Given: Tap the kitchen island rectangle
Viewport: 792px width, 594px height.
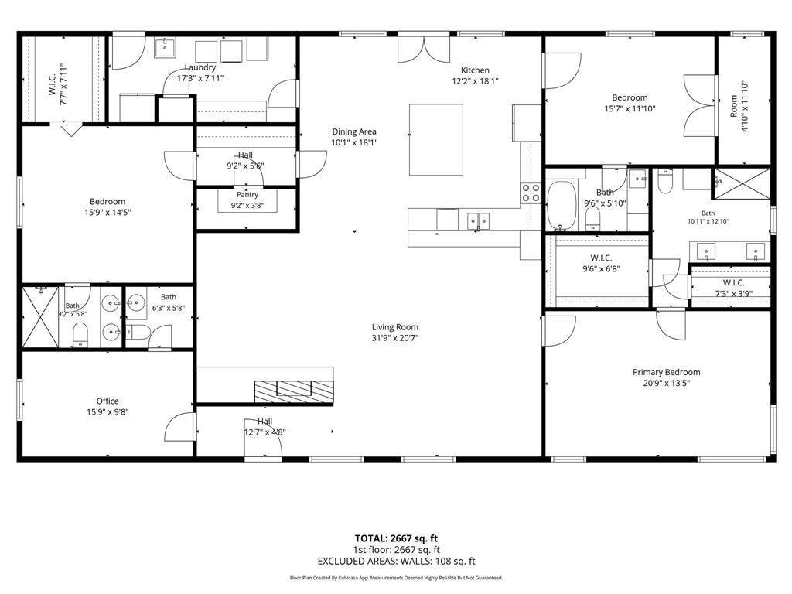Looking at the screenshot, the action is pyautogui.click(x=436, y=139).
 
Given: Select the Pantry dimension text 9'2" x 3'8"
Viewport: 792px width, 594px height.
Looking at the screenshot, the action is pyautogui.click(x=247, y=206).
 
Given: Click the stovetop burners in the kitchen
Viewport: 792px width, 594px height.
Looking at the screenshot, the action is pyautogui.click(x=531, y=193).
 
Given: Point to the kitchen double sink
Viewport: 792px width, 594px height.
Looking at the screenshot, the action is pyautogui.click(x=478, y=220).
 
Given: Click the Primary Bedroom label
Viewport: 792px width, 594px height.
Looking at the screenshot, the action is pyautogui.click(x=666, y=372).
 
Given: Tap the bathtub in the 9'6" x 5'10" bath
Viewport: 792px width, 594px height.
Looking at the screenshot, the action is pyautogui.click(x=562, y=206).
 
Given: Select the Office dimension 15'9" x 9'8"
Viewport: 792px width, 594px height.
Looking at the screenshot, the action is pyautogui.click(x=108, y=412).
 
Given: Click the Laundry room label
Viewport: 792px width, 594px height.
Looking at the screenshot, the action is pyautogui.click(x=200, y=67).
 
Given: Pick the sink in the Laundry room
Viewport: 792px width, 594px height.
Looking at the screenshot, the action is pyautogui.click(x=165, y=47).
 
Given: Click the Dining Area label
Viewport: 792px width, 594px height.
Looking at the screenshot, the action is pyautogui.click(x=354, y=131).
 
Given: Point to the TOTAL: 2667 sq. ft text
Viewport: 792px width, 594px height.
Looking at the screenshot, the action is pyautogui.click(x=396, y=538).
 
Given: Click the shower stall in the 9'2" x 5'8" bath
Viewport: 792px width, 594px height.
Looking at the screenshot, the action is pyautogui.click(x=40, y=316).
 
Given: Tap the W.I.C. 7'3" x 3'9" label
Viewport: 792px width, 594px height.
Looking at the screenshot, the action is pyautogui.click(x=733, y=288).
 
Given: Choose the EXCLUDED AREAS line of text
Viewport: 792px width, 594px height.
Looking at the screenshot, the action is pyautogui.click(x=397, y=562).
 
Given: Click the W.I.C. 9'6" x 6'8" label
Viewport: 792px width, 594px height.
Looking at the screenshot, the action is pyautogui.click(x=601, y=263).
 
